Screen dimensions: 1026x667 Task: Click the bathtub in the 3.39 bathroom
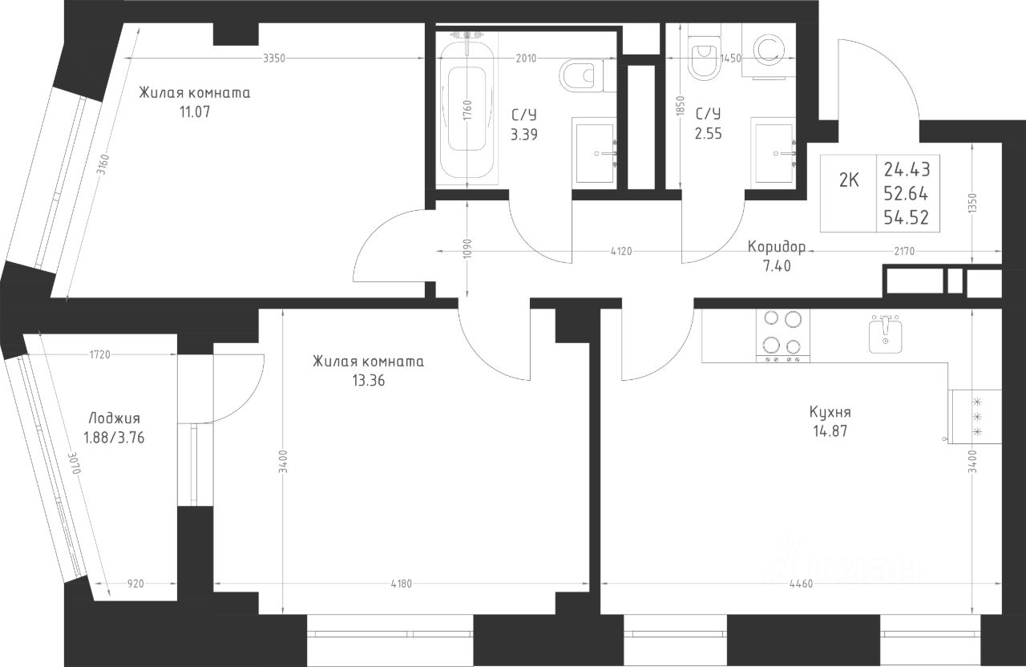pos(467,109)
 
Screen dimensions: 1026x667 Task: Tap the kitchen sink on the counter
pos(886,335)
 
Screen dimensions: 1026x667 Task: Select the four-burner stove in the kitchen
pos(783,336)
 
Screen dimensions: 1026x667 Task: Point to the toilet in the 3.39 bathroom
pos(581,75)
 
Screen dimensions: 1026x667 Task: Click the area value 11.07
pos(195,111)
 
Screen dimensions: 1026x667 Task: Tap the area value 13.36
pos(368,381)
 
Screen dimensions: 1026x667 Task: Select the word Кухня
pos(830,412)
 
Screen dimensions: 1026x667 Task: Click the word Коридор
pos(777,247)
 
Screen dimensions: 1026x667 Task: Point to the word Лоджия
pos(114,418)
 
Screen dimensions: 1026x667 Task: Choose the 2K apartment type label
pos(849,180)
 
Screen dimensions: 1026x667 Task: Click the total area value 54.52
pos(907,217)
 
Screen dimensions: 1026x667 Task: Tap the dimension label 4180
pos(402,584)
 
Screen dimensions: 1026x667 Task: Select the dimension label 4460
pos(802,584)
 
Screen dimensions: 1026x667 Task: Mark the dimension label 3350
pos(274,59)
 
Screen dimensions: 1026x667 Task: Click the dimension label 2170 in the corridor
pos(904,251)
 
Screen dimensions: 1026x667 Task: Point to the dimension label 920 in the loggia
pos(135,584)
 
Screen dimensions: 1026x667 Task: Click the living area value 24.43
pos(907,170)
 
